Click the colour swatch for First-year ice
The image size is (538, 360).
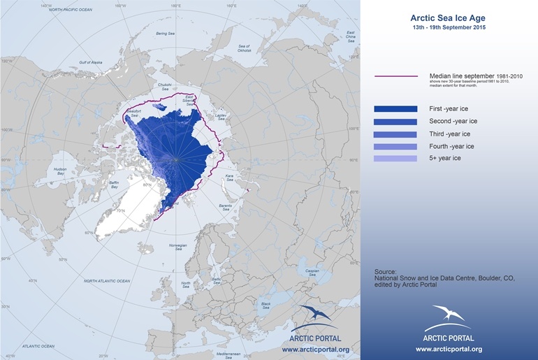click(395, 109)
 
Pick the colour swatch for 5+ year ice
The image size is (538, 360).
click(395, 159)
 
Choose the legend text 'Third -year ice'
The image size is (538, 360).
click(449, 134)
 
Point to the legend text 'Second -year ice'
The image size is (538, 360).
click(453, 121)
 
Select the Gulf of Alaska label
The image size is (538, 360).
click(91, 62)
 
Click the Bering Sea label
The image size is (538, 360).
click(165, 34)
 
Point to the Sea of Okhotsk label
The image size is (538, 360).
click(244, 48)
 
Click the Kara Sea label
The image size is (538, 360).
click(229, 178)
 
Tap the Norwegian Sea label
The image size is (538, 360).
click(179, 247)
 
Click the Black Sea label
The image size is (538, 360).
click(266, 305)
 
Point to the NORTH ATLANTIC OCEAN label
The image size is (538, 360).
click(107, 281)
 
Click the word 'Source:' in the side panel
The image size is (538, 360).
click(385, 271)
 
